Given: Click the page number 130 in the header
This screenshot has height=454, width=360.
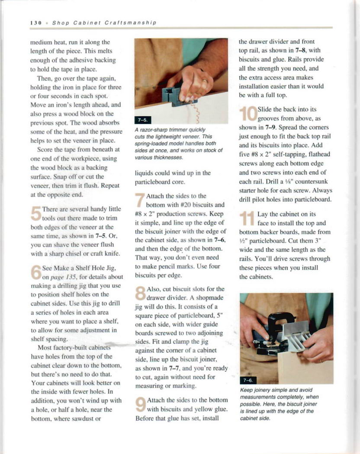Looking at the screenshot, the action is (x=36, y=23).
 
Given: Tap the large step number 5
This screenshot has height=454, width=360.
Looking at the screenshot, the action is (x=36, y=214).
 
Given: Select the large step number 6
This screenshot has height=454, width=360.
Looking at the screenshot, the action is (x=36, y=272).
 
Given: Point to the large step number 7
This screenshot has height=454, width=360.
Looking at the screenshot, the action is (x=140, y=200).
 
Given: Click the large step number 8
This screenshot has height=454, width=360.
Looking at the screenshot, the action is (x=141, y=293).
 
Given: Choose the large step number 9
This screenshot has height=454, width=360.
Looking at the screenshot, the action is (x=141, y=404).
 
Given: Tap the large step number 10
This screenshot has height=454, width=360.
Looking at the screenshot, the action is (x=248, y=114).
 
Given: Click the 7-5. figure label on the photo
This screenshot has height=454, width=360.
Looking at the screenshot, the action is (x=143, y=120).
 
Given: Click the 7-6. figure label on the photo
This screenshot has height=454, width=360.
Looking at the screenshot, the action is (x=248, y=380).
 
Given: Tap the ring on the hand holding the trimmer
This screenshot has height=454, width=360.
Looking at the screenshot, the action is (x=205, y=81).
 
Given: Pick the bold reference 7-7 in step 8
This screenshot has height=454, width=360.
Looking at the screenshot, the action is (x=174, y=368).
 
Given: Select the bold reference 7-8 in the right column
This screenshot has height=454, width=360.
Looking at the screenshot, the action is (x=300, y=51).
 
